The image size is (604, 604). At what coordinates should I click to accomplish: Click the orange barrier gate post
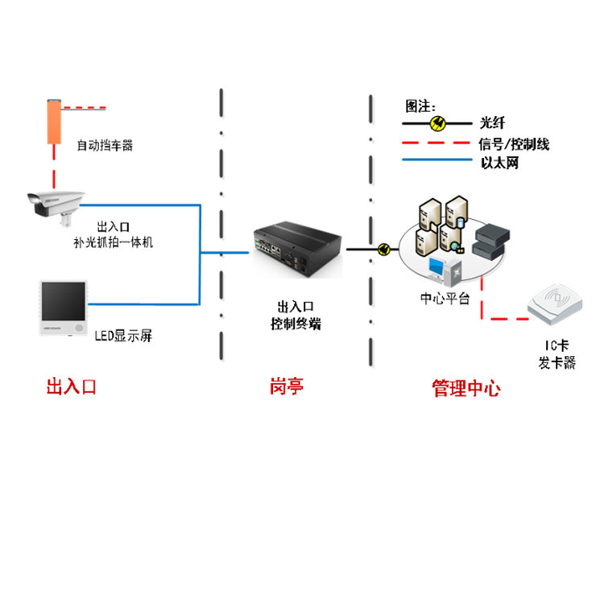(x=55, y=121)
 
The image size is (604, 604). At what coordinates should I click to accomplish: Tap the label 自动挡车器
(x=104, y=146)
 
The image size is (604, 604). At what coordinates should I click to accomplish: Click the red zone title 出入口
(x=72, y=387)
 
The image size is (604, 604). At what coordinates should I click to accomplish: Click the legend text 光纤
(x=491, y=123)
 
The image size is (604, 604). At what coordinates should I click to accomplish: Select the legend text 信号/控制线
(x=513, y=144)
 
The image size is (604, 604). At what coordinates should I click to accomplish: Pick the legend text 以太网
(x=498, y=162)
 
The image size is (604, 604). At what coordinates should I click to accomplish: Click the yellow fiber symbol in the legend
(x=438, y=123)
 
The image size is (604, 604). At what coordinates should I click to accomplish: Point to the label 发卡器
(x=556, y=363)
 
